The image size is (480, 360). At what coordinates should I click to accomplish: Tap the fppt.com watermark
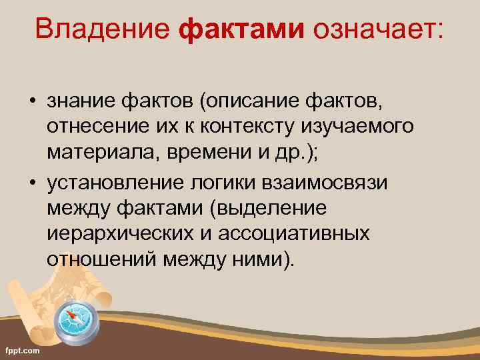click(x=22, y=350)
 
